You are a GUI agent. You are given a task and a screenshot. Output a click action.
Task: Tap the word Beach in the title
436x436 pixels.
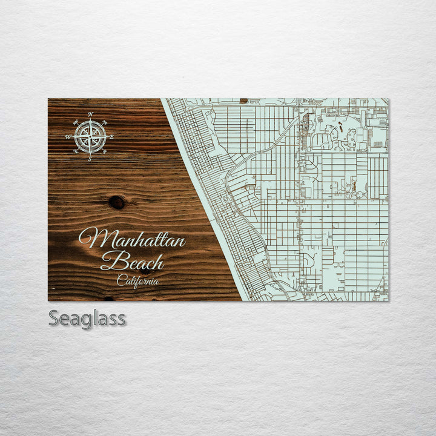(x=132, y=262)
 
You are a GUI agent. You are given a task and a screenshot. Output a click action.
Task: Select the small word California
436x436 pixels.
(x=138, y=280)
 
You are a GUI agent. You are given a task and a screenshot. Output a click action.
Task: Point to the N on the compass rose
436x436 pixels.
(x=90, y=114)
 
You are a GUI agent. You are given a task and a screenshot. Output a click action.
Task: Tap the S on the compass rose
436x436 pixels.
(x=90, y=159)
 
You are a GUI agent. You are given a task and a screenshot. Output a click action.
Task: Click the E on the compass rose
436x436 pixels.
(x=111, y=137)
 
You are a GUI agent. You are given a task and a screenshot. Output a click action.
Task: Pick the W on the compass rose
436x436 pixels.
(x=68, y=137)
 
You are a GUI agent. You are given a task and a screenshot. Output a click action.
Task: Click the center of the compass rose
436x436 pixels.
(x=90, y=137)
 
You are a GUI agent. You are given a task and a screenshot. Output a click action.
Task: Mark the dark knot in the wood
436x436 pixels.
(x=117, y=202)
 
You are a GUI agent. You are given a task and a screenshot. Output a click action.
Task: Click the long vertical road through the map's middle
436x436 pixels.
(x=299, y=200)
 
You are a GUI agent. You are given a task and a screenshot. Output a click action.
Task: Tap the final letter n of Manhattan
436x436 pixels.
(x=179, y=241)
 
